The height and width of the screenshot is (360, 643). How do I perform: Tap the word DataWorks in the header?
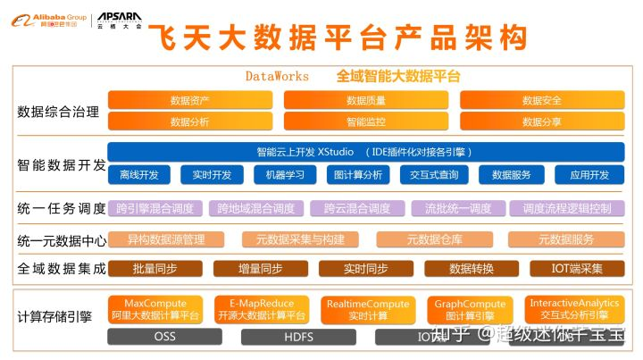(x=277, y=77)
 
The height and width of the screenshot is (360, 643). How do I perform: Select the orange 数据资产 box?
(x=188, y=100)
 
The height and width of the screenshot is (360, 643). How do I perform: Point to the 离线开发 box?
(x=138, y=174)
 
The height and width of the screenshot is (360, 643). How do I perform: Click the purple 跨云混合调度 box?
(x=357, y=209)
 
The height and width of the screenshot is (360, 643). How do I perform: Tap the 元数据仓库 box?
(x=435, y=239)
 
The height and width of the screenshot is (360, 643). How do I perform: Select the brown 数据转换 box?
(x=471, y=268)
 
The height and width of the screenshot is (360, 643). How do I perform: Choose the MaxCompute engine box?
(x=154, y=309)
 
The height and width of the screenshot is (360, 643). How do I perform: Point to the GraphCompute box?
(x=471, y=309)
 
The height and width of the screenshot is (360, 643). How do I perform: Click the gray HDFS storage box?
(x=298, y=337)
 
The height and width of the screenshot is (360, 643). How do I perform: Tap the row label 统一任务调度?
(x=61, y=209)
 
